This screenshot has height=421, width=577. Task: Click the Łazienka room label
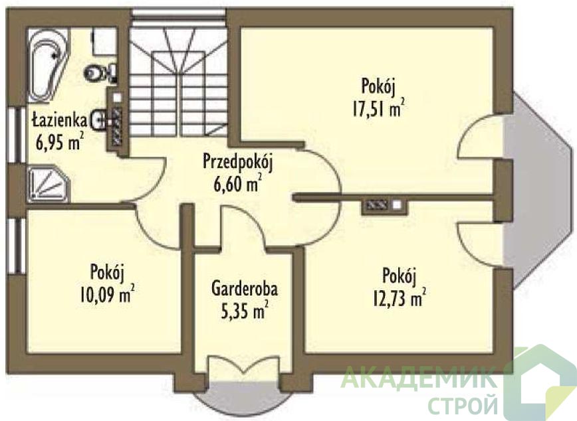point(59,120)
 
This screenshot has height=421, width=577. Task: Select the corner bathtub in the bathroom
point(49,65)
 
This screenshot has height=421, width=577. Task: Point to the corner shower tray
point(49,184)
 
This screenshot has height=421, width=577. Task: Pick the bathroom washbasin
point(98,120)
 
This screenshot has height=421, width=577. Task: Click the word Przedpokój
point(238,164)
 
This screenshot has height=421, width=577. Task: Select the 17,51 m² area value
point(379,108)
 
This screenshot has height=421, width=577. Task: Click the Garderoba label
point(245,289)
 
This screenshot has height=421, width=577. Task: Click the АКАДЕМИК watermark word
point(419,379)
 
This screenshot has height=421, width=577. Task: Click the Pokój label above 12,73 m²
point(400,276)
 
